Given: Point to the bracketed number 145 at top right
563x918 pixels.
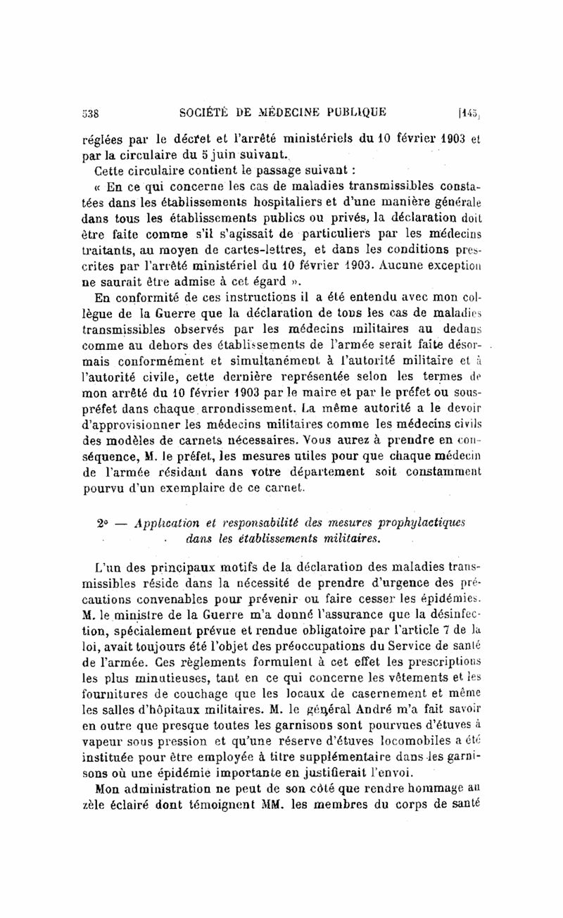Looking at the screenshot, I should pos(467,111).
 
